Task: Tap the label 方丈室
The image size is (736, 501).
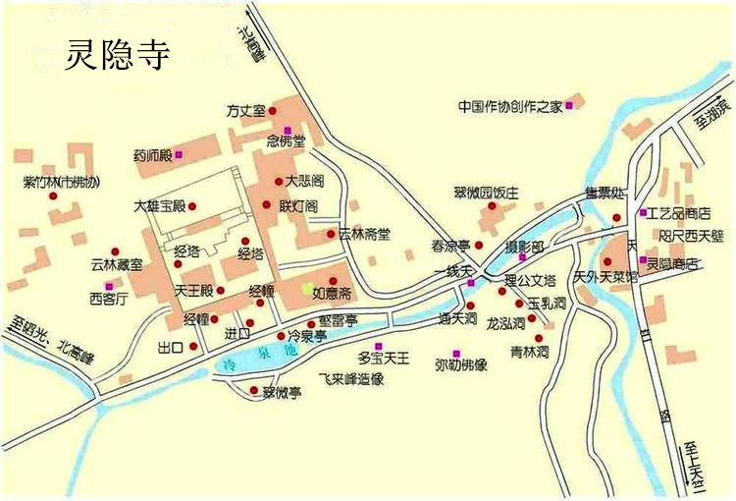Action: point(246,110)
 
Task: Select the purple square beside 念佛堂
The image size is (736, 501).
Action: point(288,130)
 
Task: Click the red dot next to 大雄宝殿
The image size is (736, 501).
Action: point(193,206)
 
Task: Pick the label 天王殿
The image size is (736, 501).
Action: point(193,291)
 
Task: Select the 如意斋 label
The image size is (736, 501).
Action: point(333,293)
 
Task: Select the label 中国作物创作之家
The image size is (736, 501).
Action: point(510,106)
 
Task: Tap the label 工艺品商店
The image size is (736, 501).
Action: point(679,212)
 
